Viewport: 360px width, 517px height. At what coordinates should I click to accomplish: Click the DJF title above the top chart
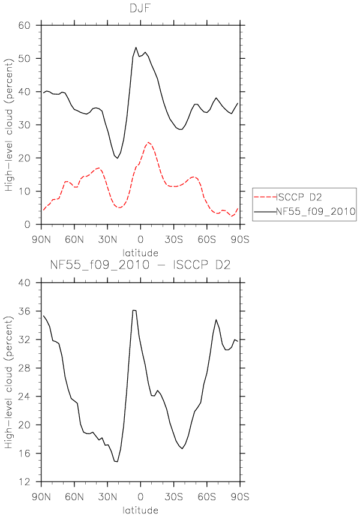click(140, 8)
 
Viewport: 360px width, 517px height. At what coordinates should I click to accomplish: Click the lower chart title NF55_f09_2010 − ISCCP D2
click(140, 264)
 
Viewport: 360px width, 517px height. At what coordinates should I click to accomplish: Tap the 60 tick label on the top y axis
click(25, 25)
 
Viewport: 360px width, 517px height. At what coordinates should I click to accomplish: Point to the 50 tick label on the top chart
click(25, 58)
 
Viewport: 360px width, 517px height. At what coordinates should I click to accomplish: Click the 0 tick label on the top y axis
click(28, 224)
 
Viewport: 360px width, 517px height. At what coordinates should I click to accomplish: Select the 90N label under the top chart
click(41, 239)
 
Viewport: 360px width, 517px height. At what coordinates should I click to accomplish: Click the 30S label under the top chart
click(173, 239)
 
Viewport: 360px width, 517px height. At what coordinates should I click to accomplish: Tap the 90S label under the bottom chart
click(240, 497)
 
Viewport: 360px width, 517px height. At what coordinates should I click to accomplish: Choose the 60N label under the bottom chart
click(74, 497)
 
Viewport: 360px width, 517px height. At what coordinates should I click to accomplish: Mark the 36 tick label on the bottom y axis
click(25, 311)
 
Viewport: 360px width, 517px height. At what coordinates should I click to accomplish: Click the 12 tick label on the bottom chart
click(25, 482)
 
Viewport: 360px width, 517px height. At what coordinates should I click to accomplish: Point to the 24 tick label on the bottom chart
click(25, 396)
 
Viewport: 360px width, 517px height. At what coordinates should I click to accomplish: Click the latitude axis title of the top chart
click(140, 253)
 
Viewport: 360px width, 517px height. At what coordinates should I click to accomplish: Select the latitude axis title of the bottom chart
click(140, 510)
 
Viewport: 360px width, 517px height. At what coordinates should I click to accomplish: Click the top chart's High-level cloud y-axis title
click(9, 125)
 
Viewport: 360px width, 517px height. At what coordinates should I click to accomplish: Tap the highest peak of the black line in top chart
click(136, 47)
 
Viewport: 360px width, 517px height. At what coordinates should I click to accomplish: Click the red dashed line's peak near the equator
click(148, 142)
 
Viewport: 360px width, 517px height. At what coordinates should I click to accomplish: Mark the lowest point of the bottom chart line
click(117, 462)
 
